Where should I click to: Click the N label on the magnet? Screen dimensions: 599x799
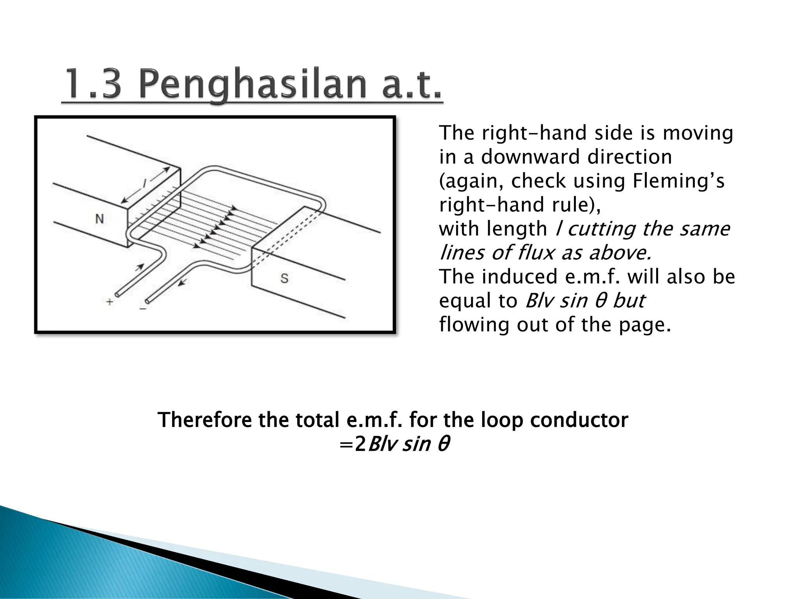pyautogui.click(x=100, y=219)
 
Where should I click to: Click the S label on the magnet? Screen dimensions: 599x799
pyautogui.click(x=284, y=278)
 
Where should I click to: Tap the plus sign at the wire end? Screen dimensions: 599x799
pyautogui.click(x=110, y=301)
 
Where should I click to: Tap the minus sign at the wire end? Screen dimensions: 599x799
pyautogui.click(x=143, y=308)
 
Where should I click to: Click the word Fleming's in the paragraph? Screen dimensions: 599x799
pyautogui.click(x=678, y=181)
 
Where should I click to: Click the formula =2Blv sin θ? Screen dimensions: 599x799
pyautogui.click(x=394, y=444)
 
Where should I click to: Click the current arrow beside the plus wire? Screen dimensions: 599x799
pyautogui.click(x=139, y=267)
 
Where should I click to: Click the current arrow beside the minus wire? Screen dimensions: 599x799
pyautogui.click(x=182, y=282)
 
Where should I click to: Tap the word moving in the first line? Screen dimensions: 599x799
pyautogui.click(x=698, y=133)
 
